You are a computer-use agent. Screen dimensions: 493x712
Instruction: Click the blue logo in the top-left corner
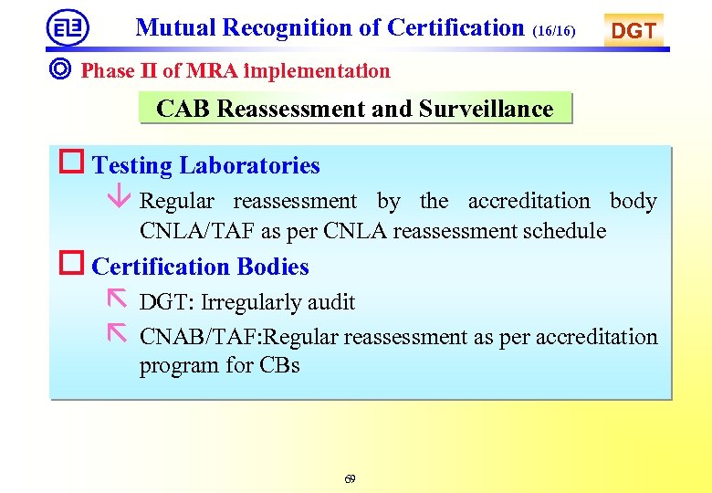[68, 27]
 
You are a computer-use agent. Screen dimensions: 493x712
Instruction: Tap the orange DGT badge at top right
[633, 31]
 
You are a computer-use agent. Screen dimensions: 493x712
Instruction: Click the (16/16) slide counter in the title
[554, 32]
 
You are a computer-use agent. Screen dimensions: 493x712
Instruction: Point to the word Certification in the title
[455, 27]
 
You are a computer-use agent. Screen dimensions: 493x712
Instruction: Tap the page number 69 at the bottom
[351, 479]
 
